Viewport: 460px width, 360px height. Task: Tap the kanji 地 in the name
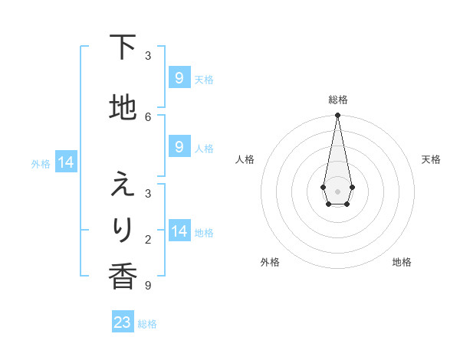pos(123,108)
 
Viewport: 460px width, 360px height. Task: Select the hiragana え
pos(123,185)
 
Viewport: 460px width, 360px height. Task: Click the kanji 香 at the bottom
pos(123,277)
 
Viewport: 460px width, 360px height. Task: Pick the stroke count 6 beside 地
pos(148,116)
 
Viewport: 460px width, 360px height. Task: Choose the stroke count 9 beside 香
pos(148,286)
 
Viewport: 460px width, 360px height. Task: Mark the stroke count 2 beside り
pos(148,240)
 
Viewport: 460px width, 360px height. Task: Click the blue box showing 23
pos(123,322)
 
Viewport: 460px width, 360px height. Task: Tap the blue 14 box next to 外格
pos(65,162)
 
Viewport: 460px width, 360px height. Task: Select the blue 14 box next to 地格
pos(179,231)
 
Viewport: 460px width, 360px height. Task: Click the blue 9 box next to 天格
pos(179,78)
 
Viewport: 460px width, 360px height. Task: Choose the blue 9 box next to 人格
pos(179,147)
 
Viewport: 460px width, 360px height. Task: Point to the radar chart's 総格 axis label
pos(337,100)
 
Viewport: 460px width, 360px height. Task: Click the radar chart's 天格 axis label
pos(431,159)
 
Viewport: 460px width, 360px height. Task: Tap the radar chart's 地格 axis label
pos(402,262)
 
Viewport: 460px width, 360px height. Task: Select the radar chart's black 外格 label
pos(270,262)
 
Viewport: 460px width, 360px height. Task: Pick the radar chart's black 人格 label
pos(245,159)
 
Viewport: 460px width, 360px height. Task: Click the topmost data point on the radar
pos(337,116)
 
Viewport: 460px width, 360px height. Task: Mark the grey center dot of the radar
pos(337,190)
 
